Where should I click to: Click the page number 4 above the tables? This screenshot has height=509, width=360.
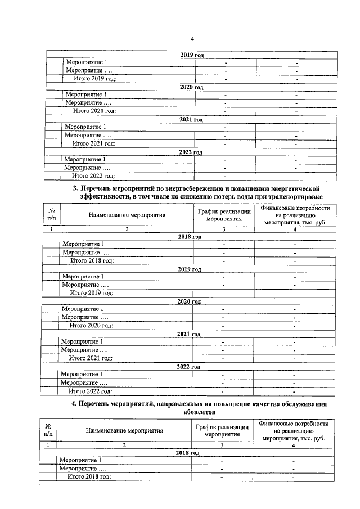tap(192, 39)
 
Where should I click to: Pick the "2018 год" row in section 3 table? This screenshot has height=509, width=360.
tap(190, 237)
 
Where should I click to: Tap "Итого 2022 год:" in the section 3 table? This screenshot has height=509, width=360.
tap(90, 391)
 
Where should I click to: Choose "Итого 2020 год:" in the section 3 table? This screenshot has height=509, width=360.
tap(91, 326)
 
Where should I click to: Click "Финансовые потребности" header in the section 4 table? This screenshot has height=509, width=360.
tap(293, 423)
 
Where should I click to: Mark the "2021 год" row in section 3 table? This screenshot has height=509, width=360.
tap(190, 334)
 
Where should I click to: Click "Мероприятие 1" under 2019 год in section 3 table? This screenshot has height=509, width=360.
tap(82, 277)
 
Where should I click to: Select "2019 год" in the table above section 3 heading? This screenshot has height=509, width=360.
tap(191, 55)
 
